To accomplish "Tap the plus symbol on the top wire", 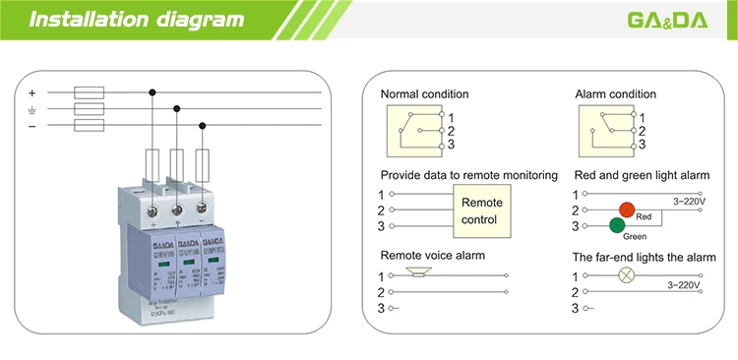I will point(31,93).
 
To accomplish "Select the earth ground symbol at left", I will point(31,110).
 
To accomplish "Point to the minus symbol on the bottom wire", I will point(31,126).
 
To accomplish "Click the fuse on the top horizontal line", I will point(90,93).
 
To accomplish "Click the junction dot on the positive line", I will point(152,93).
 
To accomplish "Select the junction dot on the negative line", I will point(203,126).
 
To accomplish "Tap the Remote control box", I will point(481,210).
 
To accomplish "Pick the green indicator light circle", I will point(617,226).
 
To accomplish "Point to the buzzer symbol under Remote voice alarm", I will point(419,276).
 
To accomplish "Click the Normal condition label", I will point(424,94).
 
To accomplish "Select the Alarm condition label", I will point(615,94).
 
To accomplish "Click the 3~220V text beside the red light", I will point(691,201).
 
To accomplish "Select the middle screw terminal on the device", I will point(177,209).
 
